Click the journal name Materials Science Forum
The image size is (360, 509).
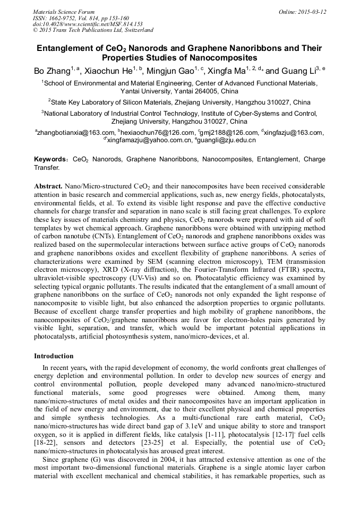pos(64,12)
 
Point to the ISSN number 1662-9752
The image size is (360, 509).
pos(64,18)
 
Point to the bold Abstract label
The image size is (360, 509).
pos(48,187)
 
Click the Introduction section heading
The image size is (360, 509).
pos(54,356)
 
